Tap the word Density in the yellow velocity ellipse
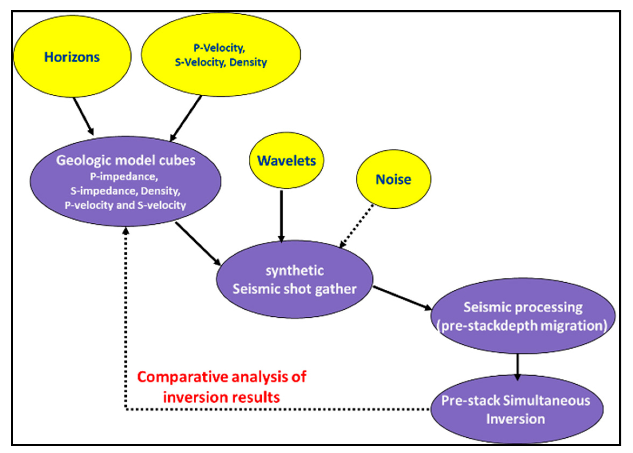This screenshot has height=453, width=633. point(248,62)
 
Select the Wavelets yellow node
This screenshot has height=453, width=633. point(286,161)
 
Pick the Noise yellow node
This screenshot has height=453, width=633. point(393,179)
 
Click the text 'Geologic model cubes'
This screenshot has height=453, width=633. point(126,160)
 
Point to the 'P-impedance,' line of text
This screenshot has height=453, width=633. point(124,177)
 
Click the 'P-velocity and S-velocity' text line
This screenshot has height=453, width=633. point(125,205)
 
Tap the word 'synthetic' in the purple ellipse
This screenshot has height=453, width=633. point(295,271)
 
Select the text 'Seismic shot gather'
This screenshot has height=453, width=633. point(294,289)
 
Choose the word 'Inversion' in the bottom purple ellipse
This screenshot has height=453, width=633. point(515,419)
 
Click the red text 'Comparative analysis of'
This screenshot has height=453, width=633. point(222,377)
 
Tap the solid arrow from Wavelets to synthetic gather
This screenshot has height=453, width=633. point(281,216)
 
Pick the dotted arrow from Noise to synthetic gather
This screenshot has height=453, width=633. point(356,226)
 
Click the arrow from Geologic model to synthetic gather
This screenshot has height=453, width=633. point(197,244)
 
